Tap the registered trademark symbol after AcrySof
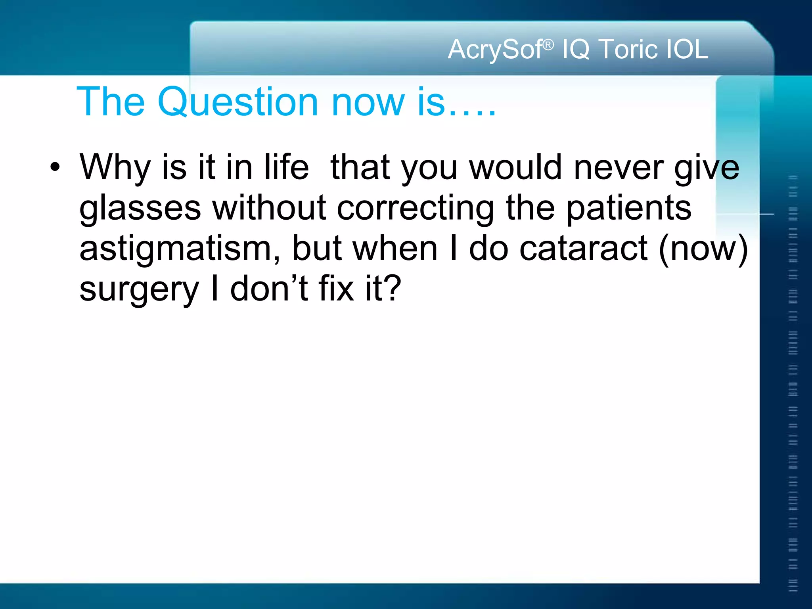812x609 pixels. click(x=548, y=45)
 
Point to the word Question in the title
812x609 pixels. click(x=238, y=102)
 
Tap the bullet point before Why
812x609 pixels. click(x=55, y=167)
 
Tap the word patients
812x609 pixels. click(x=629, y=209)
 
